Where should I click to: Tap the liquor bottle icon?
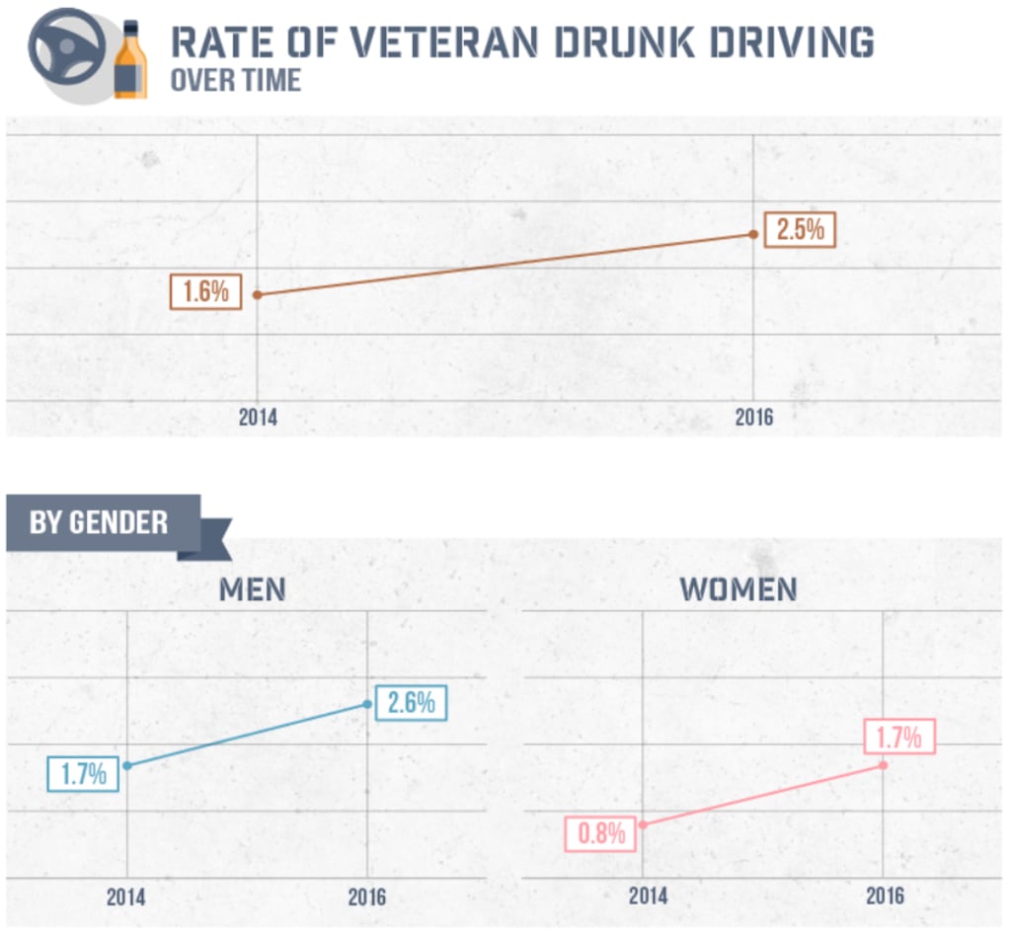(x=130, y=61)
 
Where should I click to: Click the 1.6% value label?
(x=205, y=293)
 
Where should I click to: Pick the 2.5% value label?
(x=800, y=230)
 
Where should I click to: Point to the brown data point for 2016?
(x=753, y=234)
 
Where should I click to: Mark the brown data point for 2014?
(x=258, y=294)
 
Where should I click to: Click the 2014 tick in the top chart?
(x=258, y=417)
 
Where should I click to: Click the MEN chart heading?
(x=252, y=589)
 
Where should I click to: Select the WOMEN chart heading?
(x=738, y=589)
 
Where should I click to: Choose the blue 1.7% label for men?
(x=83, y=773)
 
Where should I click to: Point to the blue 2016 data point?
(x=367, y=704)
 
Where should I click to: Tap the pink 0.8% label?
(x=601, y=832)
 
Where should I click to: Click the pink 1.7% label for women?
(x=898, y=737)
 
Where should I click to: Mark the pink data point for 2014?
(x=643, y=824)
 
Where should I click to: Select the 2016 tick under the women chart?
(x=884, y=897)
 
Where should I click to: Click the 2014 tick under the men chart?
(x=126, y=897)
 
